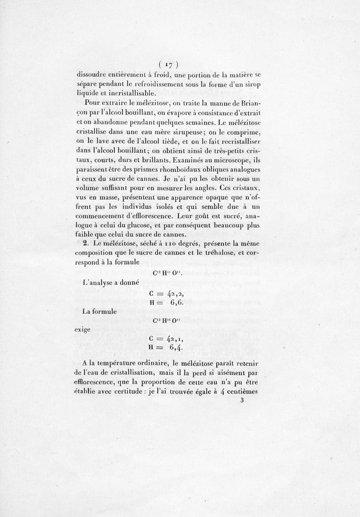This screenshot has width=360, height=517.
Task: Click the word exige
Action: pyautogui.click(x=83, y=330)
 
